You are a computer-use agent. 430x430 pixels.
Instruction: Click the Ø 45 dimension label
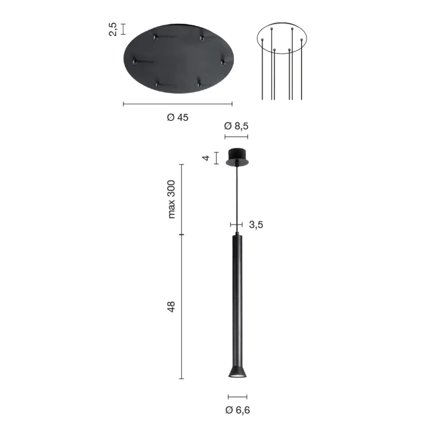(177, 117)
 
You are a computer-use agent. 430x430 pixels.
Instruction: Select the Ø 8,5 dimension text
(236, 126)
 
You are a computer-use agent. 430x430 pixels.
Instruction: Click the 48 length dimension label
(172, 306)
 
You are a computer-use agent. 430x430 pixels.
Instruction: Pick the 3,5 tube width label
(256, 225)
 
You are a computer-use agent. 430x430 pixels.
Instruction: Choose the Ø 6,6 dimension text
(238, 411)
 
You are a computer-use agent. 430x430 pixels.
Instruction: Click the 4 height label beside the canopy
(206, 158)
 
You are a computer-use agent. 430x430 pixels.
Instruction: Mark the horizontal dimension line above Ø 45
(177, 104)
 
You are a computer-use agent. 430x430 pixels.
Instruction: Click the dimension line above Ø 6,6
(238, 397)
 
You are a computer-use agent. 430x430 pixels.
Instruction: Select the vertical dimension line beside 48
(182, 307)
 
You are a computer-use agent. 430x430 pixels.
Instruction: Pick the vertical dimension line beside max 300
(182, 199)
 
